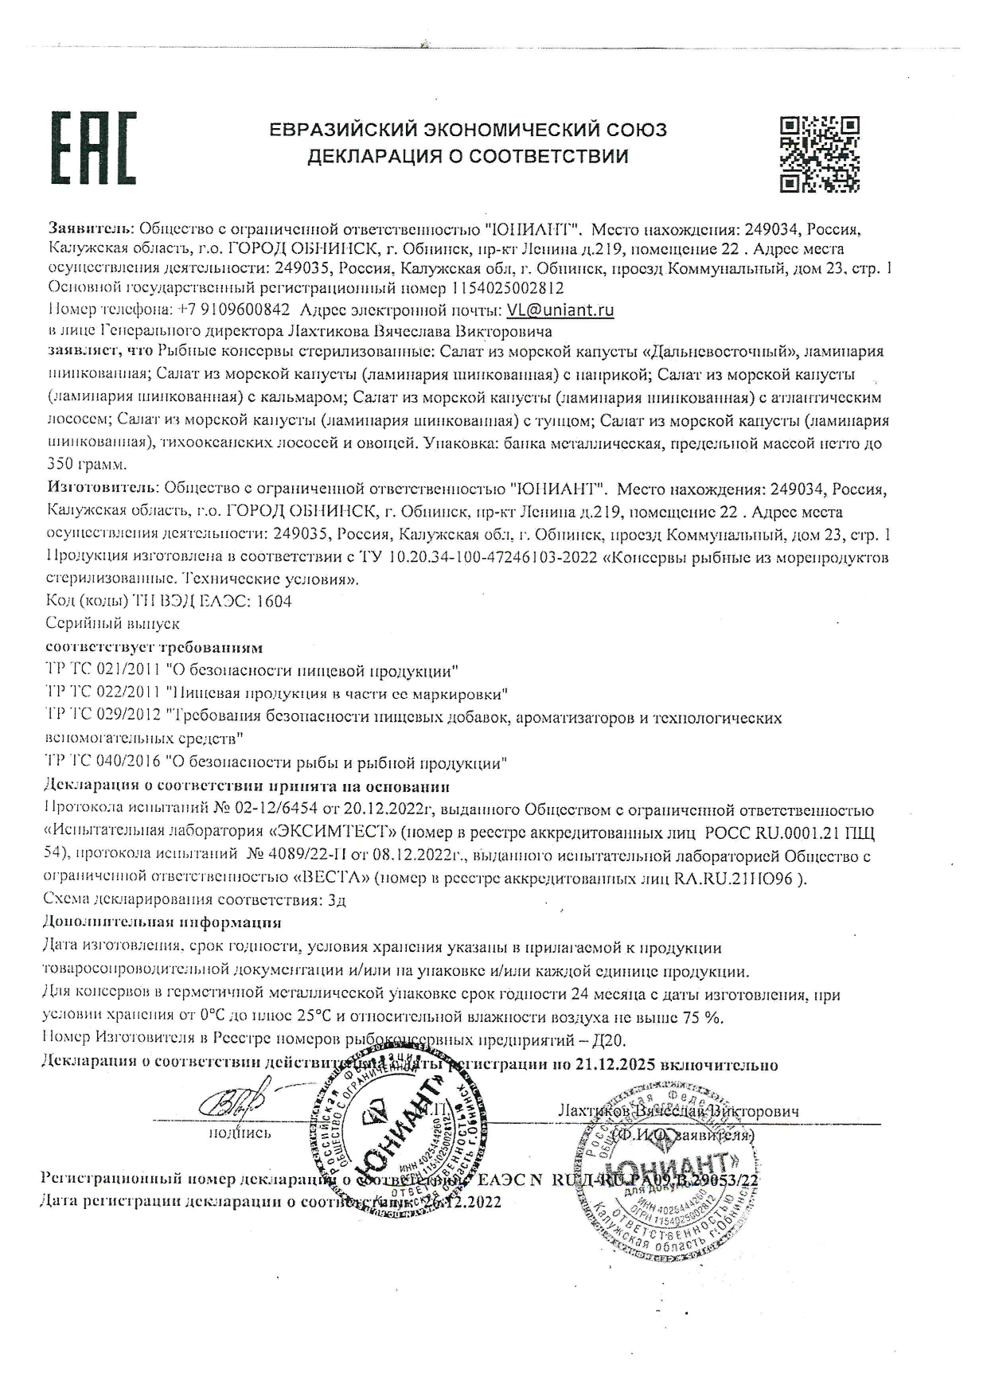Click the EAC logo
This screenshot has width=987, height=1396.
point(93,148)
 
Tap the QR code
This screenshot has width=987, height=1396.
point(819,154)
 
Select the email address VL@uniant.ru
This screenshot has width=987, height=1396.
point(560,310)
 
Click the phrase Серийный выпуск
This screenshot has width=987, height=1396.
point(113,623)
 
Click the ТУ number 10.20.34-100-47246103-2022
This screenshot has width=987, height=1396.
point(494,557)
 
